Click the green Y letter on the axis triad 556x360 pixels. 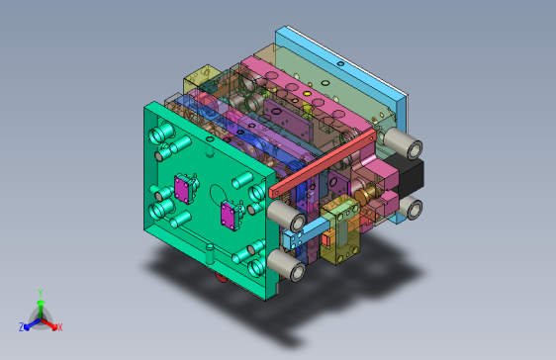pos(40,292)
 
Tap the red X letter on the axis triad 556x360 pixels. pos(59,326)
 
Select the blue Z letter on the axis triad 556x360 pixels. pos(22,326)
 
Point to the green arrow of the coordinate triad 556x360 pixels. pos(40,307)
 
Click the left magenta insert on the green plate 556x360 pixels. pos(184,187)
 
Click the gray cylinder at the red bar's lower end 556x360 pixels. pos(283,213)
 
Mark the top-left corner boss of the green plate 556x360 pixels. pos(158,130)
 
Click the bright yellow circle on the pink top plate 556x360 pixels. pos(308,93)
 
